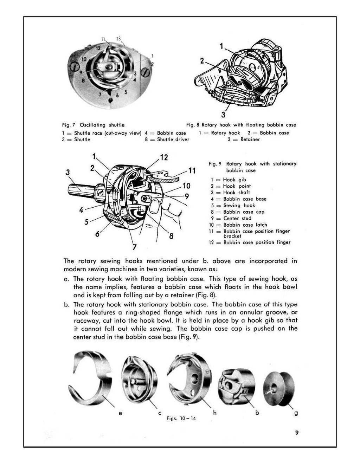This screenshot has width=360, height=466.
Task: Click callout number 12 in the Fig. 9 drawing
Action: coord(164,158)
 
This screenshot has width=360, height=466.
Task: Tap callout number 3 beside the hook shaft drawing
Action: coord(67,173)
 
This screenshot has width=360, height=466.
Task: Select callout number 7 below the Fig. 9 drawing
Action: coord(134,247)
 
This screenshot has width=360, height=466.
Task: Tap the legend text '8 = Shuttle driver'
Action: coord(167,140)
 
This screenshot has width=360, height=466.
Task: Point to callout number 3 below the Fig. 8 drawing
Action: coord(223,114)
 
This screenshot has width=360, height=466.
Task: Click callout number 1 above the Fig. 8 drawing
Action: coord(221,46)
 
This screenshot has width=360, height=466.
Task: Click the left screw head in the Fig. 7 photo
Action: coord(75,66)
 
